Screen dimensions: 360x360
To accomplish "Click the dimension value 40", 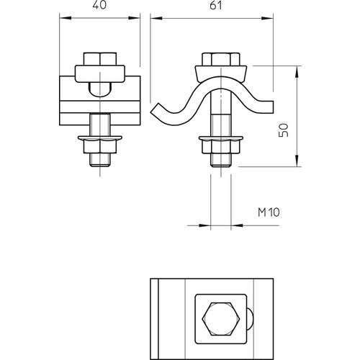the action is coord(99,5).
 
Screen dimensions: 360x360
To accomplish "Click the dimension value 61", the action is coord(216,5).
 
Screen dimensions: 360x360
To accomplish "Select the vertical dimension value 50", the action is coord(284,130).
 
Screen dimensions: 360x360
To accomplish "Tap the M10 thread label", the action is coord(269,212).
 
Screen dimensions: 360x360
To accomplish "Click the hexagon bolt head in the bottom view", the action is coord(221,319).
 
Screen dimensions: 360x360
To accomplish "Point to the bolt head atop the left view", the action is coord(100,59).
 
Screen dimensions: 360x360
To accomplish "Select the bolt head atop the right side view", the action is coord(221,59).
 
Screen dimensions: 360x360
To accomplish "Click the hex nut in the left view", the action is coord(100,147).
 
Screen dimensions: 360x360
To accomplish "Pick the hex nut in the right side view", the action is coord(221,147).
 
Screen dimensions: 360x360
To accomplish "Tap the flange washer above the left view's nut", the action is coord(100,138).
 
